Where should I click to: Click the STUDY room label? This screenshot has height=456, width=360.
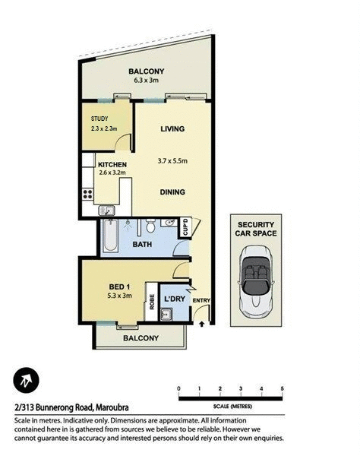pyautogui.click(x=99, y=119)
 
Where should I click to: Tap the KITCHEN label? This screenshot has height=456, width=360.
pyautogui.click(x=112, y=164)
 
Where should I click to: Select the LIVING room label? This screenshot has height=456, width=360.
pyautogui.click(x=172, y=129)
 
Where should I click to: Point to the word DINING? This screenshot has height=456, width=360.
pyautogui.click(x=172, y=192)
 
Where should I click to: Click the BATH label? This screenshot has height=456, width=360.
pyautogui.click(x=143, y=245)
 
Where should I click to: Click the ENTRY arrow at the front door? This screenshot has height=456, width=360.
pyautogui.click(x=201, y=323)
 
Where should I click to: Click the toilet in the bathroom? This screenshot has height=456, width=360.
pyautogui.click(x=151, y=225)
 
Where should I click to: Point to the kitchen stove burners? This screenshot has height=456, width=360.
pyautogui.click(x=87, y=188)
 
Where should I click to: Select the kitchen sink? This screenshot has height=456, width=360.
pyautogui.click(x=107, y=210)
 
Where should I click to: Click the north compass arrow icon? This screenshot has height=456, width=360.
pyautogui.click(x=27, y=379)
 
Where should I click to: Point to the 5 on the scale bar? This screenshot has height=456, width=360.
pyautogui.click(x=282, y=388)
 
